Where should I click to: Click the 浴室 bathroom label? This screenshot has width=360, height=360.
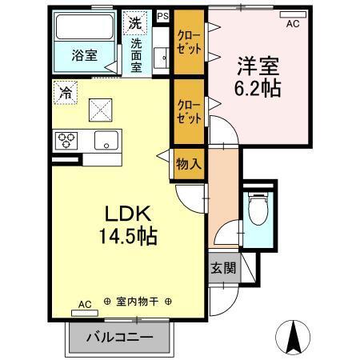tap(83, 56)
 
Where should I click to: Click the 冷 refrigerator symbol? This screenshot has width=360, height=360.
tap(64, 92)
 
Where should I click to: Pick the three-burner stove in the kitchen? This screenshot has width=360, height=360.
tap(67, 142)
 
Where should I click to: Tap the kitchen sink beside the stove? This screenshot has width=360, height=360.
tap(104, 142)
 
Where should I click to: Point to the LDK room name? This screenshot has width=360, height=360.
tap(122, 214)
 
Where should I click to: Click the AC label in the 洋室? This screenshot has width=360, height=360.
tap(293, 24)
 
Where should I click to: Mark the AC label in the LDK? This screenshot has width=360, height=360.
tap(85, 304)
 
